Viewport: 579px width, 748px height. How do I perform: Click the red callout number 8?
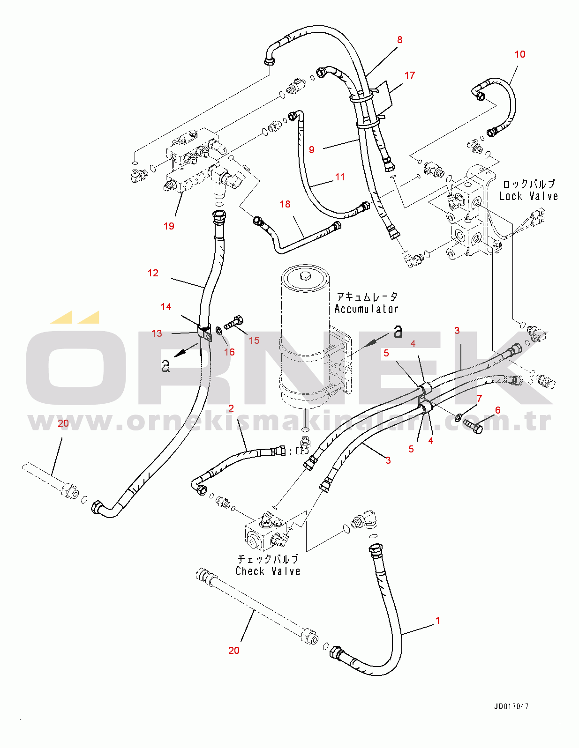[399, 40]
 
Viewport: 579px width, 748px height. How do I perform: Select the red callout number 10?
[520, 54]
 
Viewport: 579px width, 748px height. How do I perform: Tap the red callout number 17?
[410, 75]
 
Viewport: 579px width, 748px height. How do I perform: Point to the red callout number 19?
[169, 226]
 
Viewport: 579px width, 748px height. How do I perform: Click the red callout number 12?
[153, 273]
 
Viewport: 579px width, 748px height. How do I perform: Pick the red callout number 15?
[254, 341]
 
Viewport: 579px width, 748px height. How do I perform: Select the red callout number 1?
[438, 621]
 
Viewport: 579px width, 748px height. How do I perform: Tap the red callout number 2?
[231, 408]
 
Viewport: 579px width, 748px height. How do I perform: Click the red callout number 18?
[285, 205]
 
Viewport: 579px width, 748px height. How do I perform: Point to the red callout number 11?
[340, 177]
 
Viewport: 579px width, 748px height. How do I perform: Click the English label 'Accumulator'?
[367, 309]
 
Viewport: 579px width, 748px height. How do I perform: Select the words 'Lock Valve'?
[529, 196]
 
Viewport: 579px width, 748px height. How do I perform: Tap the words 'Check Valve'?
[268, 571]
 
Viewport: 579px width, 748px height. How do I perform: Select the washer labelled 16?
[219, 331]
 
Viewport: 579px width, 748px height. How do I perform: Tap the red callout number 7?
[480, 398]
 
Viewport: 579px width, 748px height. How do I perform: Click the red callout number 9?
[312, 150]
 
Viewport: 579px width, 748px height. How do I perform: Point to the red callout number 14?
[166, 307]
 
